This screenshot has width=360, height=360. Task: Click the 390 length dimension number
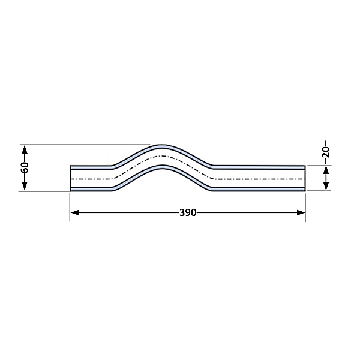tap(188, 213)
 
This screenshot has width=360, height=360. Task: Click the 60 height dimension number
tap(25, 167)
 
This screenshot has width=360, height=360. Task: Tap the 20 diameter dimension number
tap(326, 152)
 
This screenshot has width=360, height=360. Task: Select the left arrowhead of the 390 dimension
tap(75, 212)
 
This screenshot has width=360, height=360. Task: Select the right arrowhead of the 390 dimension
tap(301, 212)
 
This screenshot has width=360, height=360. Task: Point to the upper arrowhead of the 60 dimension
tap(25, 149)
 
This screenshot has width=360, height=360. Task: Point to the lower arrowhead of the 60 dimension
tap(25, 186)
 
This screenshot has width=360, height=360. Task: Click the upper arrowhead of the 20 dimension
tap(326, 170)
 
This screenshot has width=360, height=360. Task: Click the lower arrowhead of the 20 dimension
tap(326, 186)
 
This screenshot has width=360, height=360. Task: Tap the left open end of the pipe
tap(70, 178)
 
